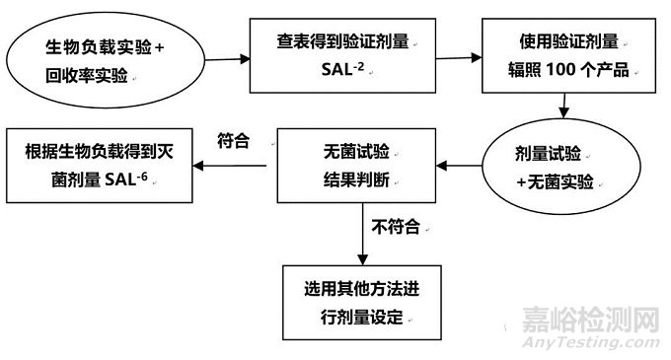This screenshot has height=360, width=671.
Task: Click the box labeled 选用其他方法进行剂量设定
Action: click(x=363, y=303)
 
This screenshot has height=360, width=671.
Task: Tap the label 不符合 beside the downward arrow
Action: click(x=396, y=228)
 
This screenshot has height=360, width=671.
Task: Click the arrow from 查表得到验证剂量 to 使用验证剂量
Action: click(x=456, y=56)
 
